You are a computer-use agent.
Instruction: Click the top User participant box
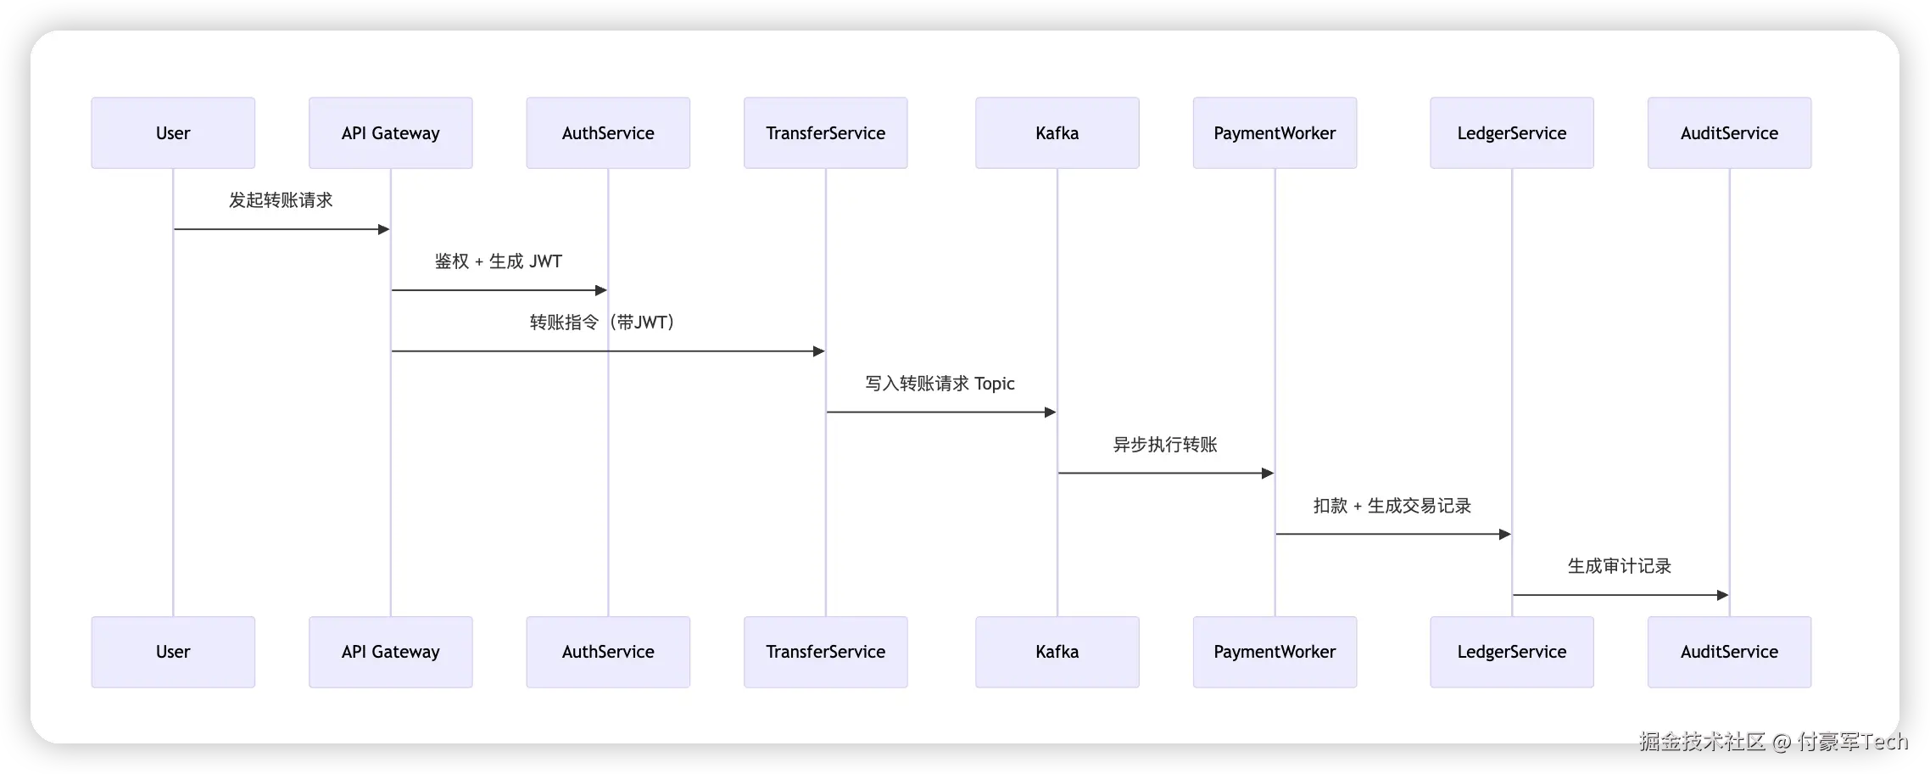coord(173,132)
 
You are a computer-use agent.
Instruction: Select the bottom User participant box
coord(173,652)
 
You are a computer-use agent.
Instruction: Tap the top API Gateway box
coord(391,132)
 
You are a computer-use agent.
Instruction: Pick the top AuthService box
coord(608,132)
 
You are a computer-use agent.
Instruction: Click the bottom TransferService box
coord(826,652)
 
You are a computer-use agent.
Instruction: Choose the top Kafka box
coord(1057,132)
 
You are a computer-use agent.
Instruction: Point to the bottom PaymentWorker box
coord(1275,652)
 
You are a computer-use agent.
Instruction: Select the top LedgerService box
coord(1512,132)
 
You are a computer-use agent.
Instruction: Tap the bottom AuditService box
coord(1730,652)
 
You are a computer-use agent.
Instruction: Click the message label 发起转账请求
coord(281,200)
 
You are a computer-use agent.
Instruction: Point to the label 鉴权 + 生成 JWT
coord(499,261)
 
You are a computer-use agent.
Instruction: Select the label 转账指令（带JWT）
coord(602,322)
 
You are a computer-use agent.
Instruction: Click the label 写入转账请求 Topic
coord(940,384)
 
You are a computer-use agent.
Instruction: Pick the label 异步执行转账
coord(1165,445)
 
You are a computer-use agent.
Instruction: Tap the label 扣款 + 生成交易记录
coord(1392,506)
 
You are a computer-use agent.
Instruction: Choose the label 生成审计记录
coord(1620,566)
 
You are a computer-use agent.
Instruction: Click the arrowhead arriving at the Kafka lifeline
coord(1051,412)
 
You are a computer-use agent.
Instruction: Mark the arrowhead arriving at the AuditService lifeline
coord(1723,595)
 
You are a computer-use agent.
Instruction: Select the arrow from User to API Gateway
coord(282,229)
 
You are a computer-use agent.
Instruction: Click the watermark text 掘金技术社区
coord(1702,742)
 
